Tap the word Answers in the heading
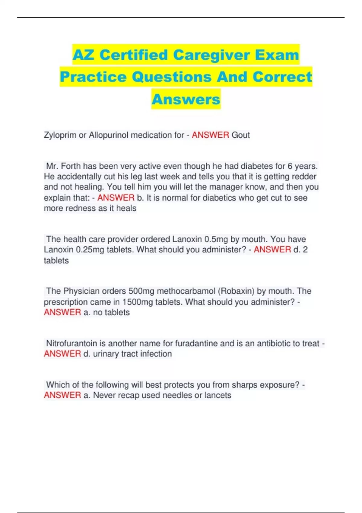[186, 99]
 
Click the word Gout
[240, 135]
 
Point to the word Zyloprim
[60, 135]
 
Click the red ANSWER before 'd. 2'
[272, 250]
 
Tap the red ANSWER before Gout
[210, 135]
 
